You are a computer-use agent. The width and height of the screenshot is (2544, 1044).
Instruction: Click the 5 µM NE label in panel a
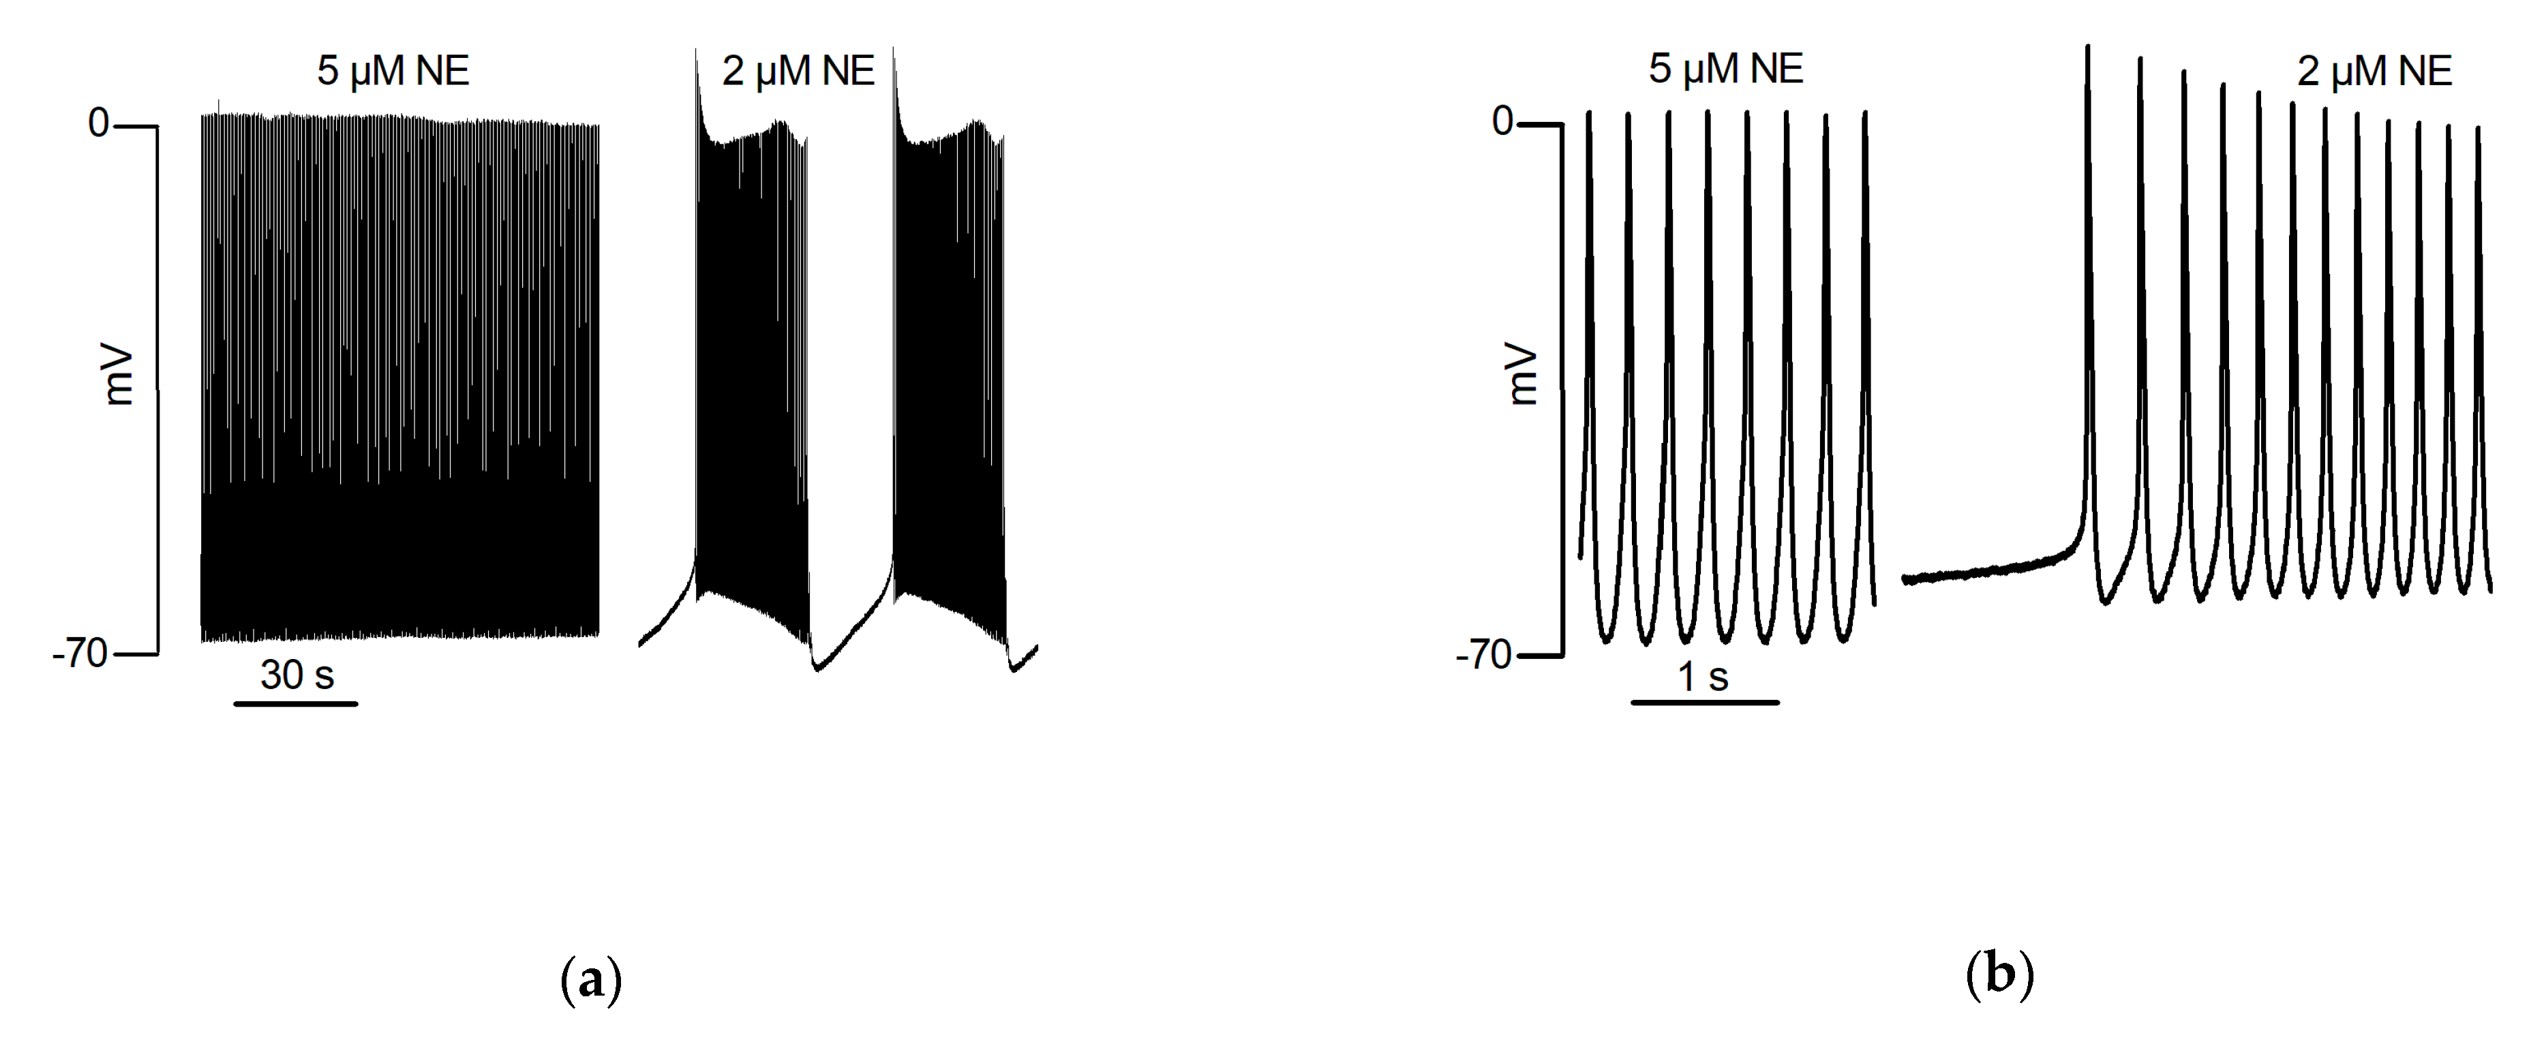click(x=393, y=71)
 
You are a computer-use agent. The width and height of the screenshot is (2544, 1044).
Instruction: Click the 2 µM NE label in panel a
click(x=798, y=71)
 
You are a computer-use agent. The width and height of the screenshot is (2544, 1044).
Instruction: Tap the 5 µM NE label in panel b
click(x=1725, y=69)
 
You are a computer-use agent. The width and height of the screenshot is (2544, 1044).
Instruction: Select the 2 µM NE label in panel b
click(x=2374, y=71)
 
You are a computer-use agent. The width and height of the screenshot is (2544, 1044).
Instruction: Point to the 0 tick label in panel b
click(x=1502, y=121)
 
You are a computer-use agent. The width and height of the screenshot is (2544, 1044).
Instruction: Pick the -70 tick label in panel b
click(x=1484, y=655)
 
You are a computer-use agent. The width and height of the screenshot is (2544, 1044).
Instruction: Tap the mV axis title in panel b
click(x=1523, y=375)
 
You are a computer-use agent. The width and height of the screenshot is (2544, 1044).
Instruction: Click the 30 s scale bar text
click(x=297, y=675)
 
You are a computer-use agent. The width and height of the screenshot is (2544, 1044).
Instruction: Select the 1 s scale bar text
click(x=1703, y=677)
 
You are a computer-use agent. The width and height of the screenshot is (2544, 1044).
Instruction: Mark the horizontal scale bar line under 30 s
click(x=295, y=703)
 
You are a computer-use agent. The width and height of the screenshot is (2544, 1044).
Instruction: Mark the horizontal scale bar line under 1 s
click(x=1705, y=703)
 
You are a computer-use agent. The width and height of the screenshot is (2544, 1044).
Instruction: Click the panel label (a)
click(x=590, y=980)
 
